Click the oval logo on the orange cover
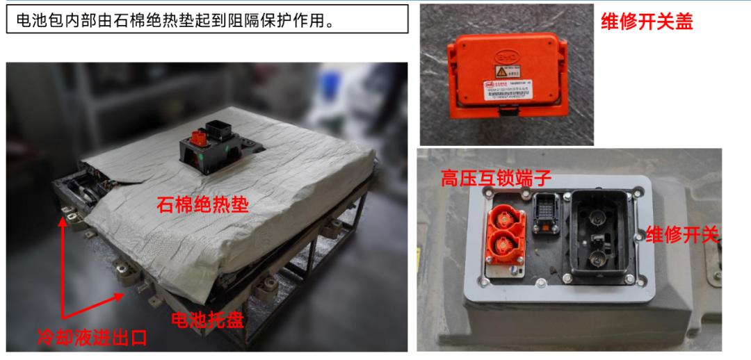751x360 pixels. (506, 56)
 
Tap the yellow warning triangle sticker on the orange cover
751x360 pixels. (499, 72)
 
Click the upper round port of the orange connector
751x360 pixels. (504, 218)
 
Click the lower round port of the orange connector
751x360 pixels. (504, 245)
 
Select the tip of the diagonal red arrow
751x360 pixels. (127, 294)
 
